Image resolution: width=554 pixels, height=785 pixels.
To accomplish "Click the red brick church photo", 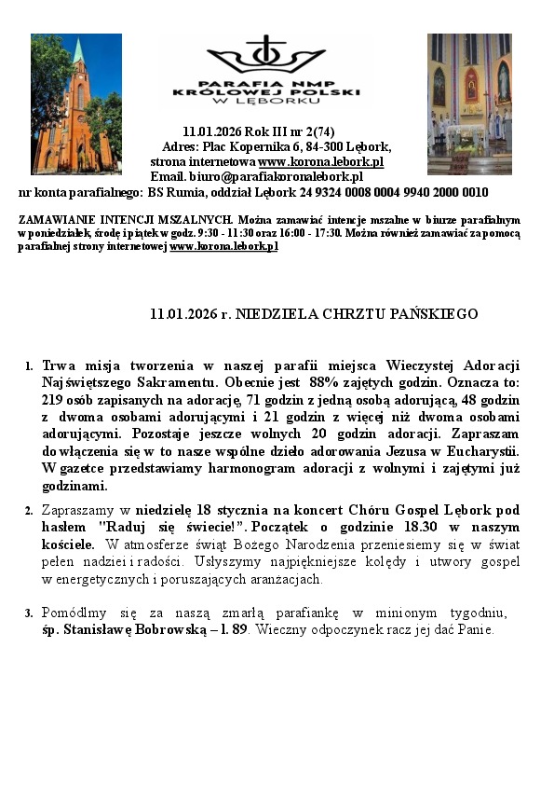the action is coord(76,103).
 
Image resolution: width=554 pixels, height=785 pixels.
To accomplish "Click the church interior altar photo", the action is coord(469,103).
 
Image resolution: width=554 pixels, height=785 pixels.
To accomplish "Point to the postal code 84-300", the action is coord(327,147).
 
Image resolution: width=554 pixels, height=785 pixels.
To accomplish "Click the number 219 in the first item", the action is coord(53,399).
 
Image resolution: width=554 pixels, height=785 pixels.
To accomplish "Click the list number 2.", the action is coord(29,511).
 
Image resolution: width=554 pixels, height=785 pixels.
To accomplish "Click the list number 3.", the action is coord(29,613).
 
